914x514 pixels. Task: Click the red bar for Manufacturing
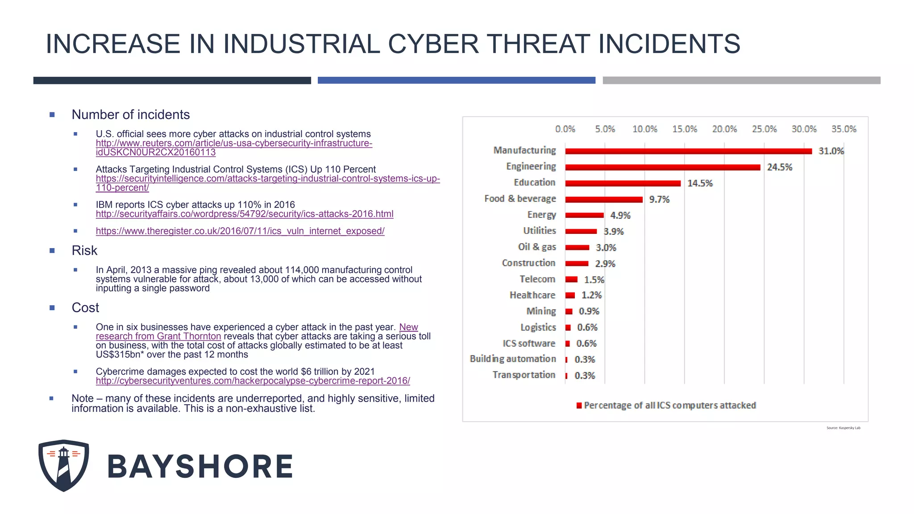[688, 151]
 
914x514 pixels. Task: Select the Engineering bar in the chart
[662, 167]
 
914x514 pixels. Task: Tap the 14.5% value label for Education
[700, 183]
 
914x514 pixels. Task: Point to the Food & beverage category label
[520, 199]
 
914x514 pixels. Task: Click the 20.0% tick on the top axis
[724, 129]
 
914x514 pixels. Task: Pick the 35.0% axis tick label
[843, 129]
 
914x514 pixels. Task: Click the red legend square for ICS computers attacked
[579, 406]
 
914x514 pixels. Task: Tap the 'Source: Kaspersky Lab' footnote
[843, 428]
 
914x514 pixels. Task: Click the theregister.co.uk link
[240, 231]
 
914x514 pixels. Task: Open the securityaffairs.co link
[245, 214]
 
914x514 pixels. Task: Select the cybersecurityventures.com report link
[253, 381]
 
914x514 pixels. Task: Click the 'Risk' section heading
[84, 251]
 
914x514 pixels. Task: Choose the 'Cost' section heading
[85, 308]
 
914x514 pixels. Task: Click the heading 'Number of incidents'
[131, 115]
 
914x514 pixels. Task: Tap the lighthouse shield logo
[64, 465]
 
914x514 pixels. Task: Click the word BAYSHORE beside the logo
[200, 467]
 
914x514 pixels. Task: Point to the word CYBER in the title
[433, 44]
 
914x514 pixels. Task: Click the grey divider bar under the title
[741, 80]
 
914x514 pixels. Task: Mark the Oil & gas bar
[577, 248]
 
